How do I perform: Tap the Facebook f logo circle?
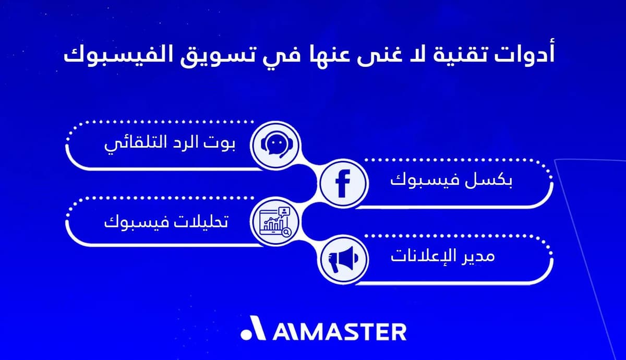click(x=343, y=183)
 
